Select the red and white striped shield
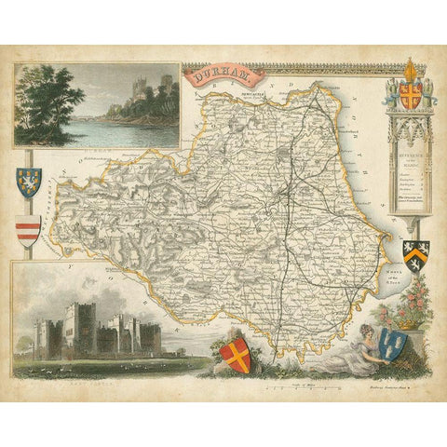click(29, 228)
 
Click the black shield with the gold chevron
click(414, 251)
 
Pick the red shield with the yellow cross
click(238, 354)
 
